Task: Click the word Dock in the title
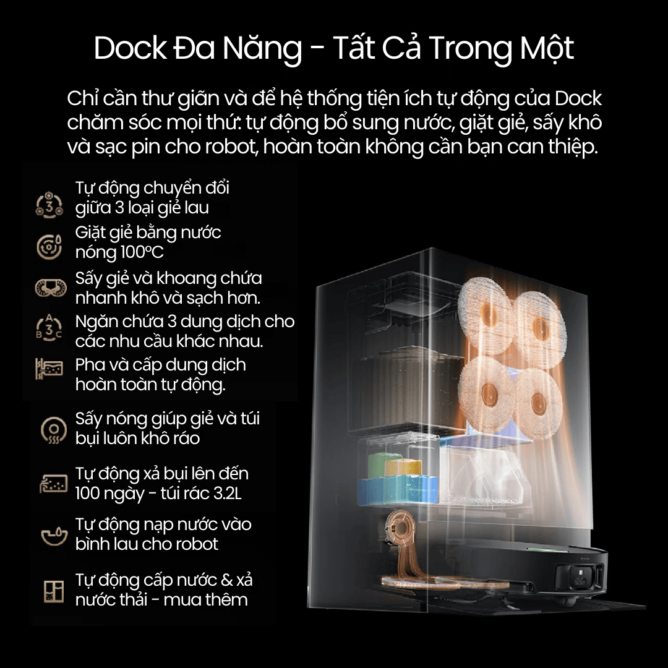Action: tap(131, 48)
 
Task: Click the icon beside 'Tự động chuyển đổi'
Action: tap(49, 205)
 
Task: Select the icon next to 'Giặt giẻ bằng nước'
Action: tap(49, 246)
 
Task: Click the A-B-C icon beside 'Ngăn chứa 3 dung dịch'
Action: tap(49, 328)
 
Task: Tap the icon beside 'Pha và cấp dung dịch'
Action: tap(49, 369)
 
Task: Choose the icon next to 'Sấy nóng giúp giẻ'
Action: tap(54, 429)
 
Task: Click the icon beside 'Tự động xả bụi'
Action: tap(54, 484)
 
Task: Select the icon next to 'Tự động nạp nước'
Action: tap(54, 536)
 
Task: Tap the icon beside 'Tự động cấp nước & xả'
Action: tap(54, 591)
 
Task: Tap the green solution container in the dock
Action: tap(380, 465)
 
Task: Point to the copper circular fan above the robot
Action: tap(399, 528)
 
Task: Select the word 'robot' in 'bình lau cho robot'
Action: tap(197, 544)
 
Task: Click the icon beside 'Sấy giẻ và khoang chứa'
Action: tap(51, 288)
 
